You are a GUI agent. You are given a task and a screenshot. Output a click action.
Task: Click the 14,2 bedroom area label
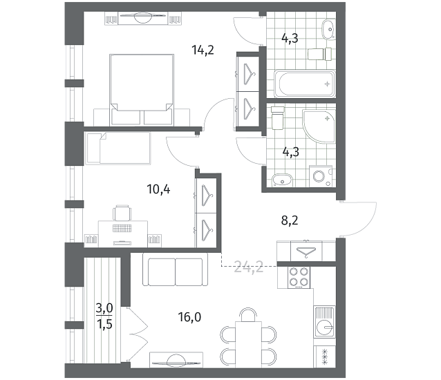pyautogui.click(x=203, y=50)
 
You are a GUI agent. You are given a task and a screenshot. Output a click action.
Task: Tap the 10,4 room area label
pyautogui.click(x=158, y=189)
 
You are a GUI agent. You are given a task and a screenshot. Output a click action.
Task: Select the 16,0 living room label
pyautogui.click(x=189, y=317)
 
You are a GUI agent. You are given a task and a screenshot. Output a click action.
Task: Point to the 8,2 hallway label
pyautogui.click(x=290, y=220)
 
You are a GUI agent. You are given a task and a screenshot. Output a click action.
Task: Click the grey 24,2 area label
pyautogui.click(x=249, y=267)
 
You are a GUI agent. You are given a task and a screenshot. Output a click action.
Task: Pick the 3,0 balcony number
pyautogui.click(x=104, y=308)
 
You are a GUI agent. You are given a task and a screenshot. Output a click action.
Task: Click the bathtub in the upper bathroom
pyautogui.click(x=305, y=84)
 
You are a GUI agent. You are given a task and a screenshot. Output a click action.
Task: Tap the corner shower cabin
pyautogui.click(x=319, y=126)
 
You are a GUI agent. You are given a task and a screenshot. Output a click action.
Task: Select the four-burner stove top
pyautogui.click(x=299, y=277)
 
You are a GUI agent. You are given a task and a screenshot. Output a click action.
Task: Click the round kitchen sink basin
pyautogui.click(x=325, y=327)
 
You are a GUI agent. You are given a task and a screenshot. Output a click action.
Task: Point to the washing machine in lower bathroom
pyautogui.click(x=321, y=176)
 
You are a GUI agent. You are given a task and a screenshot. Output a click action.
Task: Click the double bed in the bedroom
pyautogui.click(x=142, y=89)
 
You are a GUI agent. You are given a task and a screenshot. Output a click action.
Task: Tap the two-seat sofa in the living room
pyautogui.click(x=175, y=269)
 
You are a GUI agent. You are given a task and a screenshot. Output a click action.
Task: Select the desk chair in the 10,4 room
pyautogui.click(x=122, y=213)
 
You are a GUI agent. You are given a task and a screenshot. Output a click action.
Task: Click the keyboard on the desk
pyautogui.click(x=122, y=229)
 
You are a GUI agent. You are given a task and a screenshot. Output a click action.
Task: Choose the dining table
pyautogui.click(x=248, y=344)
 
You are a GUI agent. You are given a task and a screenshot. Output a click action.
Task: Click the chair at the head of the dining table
pyautogui.click(x=249, y=315)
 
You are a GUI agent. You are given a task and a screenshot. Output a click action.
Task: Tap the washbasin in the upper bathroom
pyautogui.click(x=328, y=29)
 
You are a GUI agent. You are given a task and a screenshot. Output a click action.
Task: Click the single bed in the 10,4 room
pyautogui.click(x=118, y=148)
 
